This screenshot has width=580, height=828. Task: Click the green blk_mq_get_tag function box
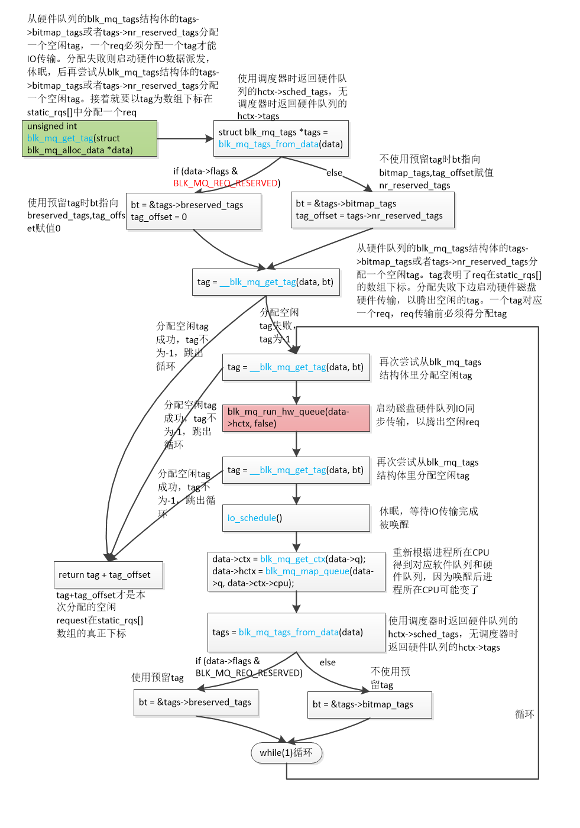click(89, 138)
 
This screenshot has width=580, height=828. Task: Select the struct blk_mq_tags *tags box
click(280, 138)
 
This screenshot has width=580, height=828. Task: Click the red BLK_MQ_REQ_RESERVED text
click(226, 183)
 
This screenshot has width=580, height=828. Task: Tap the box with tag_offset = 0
click(193, 211)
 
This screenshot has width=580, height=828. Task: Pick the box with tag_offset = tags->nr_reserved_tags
click(372, 210)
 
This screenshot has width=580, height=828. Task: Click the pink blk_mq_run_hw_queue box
click(296, 418)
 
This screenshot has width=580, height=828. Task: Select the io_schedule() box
click(296, 518)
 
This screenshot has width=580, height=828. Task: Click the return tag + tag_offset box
click(108, 575)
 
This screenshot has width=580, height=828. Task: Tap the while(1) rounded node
click(286, 753)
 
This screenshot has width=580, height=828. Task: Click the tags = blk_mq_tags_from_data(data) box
click(296, 632)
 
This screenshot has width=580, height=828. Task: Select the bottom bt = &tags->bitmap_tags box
click(370, 704)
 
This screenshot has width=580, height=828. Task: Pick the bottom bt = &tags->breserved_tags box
click(196, 703)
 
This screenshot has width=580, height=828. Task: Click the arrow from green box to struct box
click(185, 138)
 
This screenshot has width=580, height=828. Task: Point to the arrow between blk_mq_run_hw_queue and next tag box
click(296, 445)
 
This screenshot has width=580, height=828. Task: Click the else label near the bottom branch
click(328, 663)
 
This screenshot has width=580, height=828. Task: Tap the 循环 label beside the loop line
click(524, 714)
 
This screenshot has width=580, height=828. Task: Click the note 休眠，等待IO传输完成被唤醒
click(428, 517)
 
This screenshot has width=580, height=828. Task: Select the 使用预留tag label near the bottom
click(157, 678)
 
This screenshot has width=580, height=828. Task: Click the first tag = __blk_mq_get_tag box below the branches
click(265, 282)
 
